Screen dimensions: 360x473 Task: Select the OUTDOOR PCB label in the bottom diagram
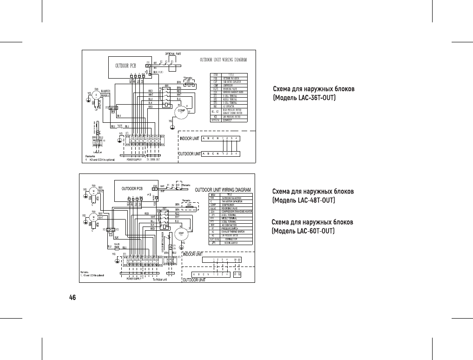[132, 189]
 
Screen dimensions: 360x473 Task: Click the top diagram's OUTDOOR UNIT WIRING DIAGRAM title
[223, 60]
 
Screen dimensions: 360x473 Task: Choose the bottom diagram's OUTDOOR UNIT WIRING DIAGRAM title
[223, 190]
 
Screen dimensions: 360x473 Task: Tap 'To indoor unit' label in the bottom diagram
[160, 279]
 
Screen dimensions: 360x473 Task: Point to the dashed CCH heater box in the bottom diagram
[189, 205]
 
